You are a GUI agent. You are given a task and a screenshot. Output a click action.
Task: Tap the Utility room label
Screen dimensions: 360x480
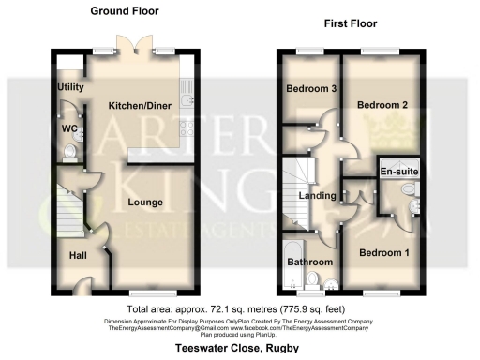coord(71,87)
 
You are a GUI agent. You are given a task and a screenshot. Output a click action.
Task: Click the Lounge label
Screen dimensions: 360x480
coord(147,202)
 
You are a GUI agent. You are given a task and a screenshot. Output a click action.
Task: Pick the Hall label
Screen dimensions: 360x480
coord(77,254)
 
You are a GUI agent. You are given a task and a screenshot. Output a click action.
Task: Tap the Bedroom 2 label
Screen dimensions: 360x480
coord(382,104)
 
